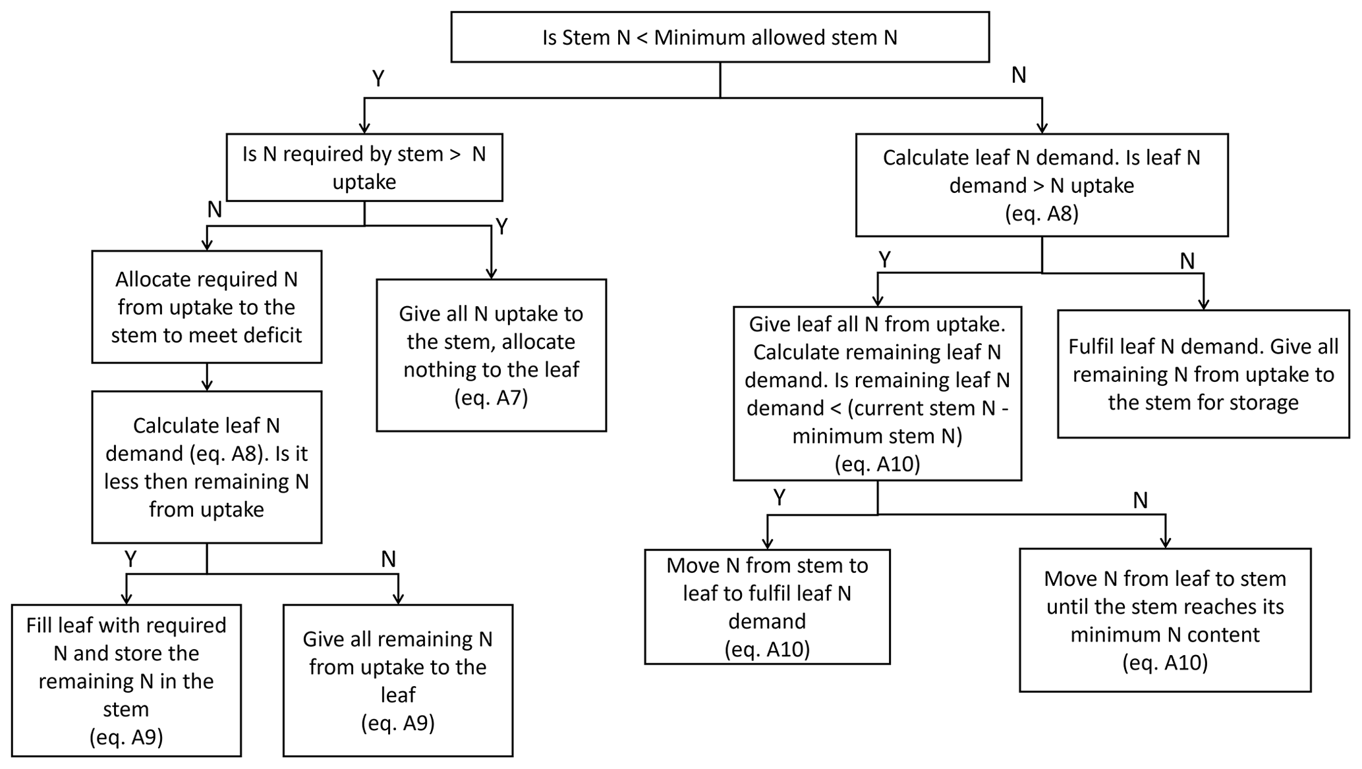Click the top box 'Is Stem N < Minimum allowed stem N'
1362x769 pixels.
click(720, 37)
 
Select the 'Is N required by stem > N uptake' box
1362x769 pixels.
click(364, 167)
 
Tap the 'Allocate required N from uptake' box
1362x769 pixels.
click(206, 307)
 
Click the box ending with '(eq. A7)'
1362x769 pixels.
click(491, 356)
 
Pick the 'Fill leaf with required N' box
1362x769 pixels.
click(126, 680)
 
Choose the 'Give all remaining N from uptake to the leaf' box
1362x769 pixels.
click(397, 680)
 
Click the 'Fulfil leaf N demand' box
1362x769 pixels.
click(1203, 374)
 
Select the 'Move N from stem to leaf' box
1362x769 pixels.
click(767, 607)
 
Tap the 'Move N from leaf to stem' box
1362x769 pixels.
click(1164, 620)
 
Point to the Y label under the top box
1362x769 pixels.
click(378, 79)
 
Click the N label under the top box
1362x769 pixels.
click(1019, 76)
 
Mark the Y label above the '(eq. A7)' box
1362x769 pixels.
click(501, 227)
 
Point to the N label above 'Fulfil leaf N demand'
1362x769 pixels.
click(1187, 261)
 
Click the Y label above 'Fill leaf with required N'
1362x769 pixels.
click(130, 560)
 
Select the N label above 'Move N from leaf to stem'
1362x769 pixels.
click(1140, 501)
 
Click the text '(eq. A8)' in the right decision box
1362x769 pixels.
click(1041, 214)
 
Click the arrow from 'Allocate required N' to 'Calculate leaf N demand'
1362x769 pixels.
click(207, 377)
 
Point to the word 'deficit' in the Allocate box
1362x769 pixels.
click(272, 335)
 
